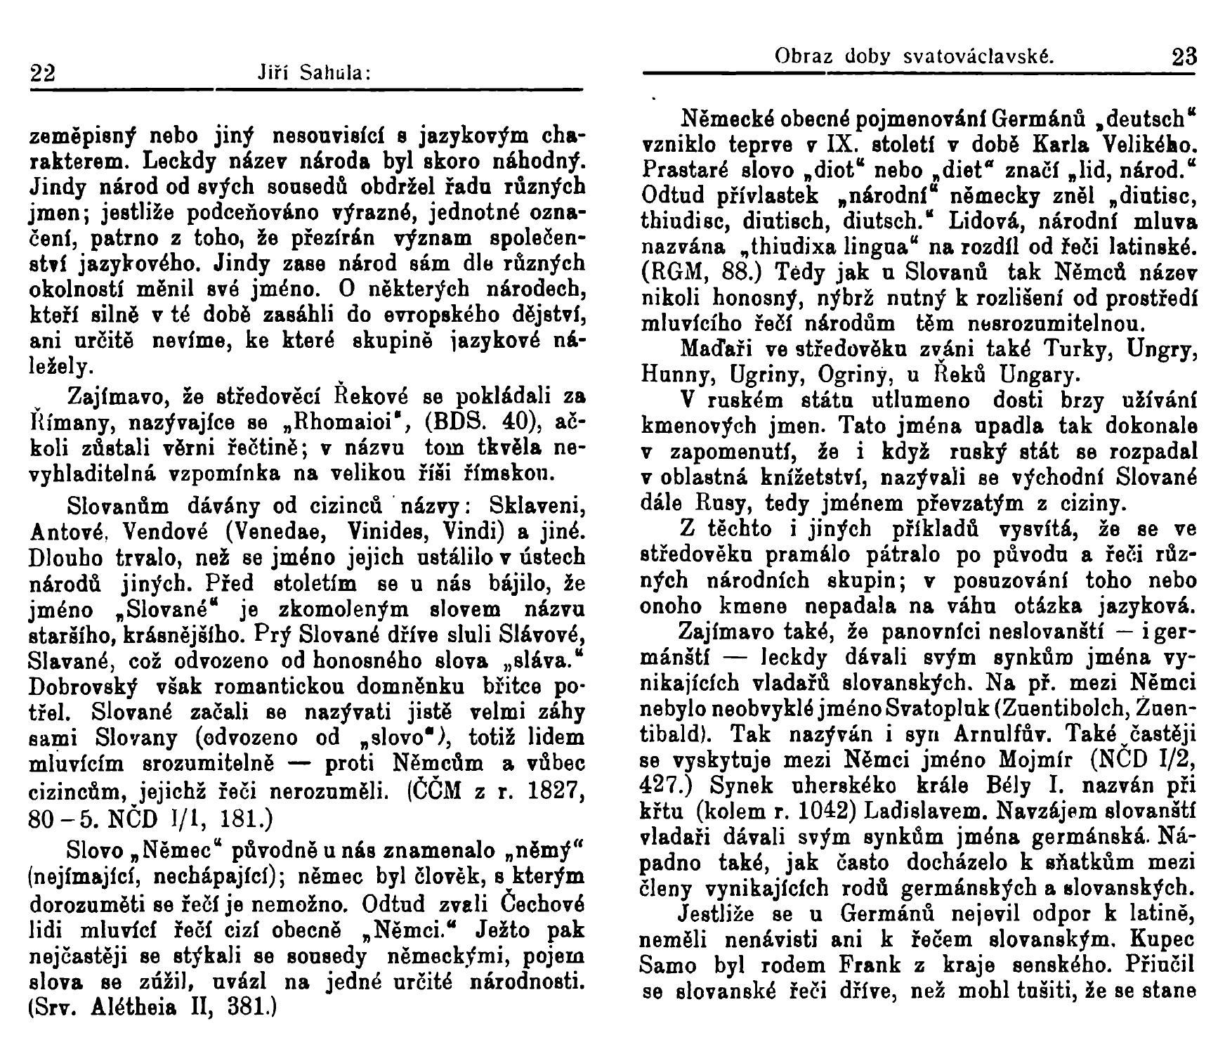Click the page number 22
pyautogui.click(x=43, y=73)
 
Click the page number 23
pyautogui.click(x=1184, y=56)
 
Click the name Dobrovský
pyautogui.click(x=81, y=685)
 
